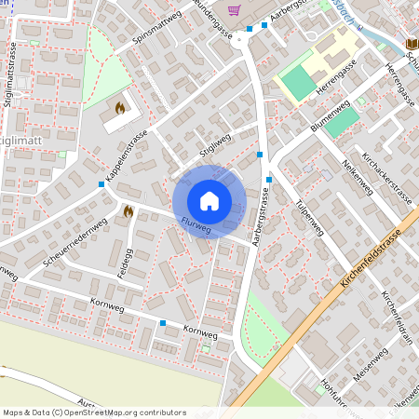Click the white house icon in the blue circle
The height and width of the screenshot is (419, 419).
[209, 201]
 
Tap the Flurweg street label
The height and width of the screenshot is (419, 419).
[196, 224]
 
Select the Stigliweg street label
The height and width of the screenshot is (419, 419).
[215, 148]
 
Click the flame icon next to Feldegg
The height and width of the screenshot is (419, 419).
[128, 211]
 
